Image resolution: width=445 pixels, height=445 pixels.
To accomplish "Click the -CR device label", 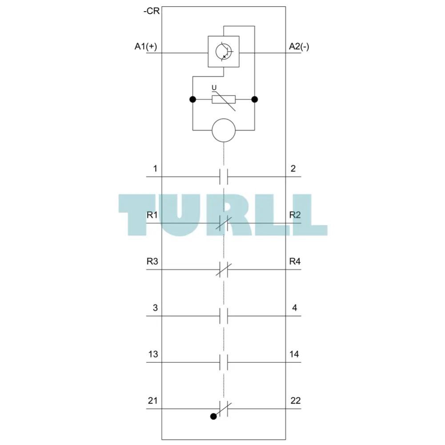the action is point(152,11).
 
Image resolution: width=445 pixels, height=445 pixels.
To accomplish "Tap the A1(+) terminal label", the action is point(145,46).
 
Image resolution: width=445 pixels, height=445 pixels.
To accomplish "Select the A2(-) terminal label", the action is point(299,46).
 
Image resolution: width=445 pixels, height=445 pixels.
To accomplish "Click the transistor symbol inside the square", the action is point(224,52).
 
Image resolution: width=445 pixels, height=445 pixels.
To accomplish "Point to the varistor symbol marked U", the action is point(224,99).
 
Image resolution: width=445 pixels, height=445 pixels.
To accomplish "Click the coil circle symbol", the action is point(224,130).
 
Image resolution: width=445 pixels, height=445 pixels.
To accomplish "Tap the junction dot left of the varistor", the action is point(192,99).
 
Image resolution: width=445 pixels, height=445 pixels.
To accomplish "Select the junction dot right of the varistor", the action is point(255,99).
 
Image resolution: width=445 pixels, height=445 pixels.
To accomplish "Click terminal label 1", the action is point(155,168).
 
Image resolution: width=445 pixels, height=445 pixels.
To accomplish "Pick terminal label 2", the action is point(293,168).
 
